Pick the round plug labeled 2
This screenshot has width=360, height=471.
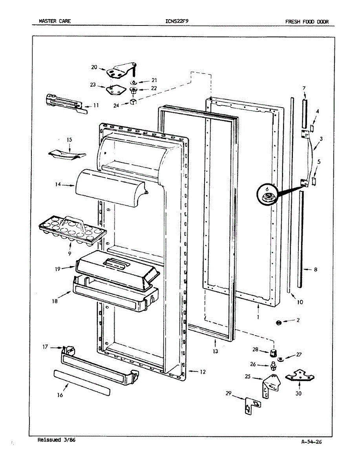[x=278, y=322]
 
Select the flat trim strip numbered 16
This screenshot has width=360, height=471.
[x=82, y=382]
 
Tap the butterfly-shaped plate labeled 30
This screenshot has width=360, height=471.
[x=300, y=376]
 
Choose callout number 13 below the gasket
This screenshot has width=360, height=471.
[x=215, y=351]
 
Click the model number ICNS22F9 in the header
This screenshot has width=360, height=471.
[x=177, y=21]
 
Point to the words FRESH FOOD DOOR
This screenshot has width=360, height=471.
[x=307, y=21]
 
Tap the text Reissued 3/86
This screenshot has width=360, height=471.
[x=56, y=440]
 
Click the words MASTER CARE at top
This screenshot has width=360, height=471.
[x=55, y=21]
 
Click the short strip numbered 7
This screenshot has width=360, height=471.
[x=305, y=112]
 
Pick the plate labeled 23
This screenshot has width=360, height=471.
[x=113, y=89]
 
